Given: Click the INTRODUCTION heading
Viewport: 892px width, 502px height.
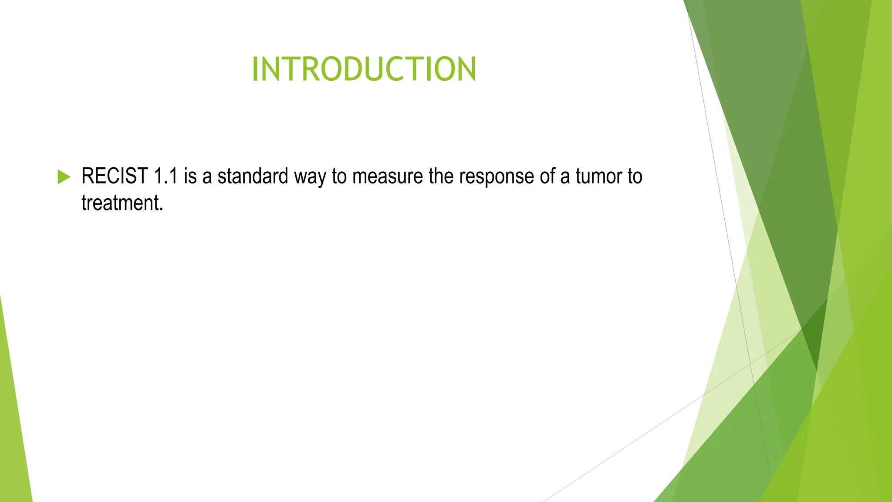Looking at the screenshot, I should point(364,69).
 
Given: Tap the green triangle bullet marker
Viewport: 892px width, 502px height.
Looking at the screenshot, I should point(64,177).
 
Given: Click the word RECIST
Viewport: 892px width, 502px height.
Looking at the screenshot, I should point(115,176).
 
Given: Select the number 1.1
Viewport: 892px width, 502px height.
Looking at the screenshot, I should point(166,176).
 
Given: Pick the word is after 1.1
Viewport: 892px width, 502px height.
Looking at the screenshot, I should point(190,176).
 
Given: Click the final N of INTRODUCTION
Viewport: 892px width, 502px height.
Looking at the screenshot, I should point(466,69).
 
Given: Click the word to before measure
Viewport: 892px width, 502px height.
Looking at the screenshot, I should point(339,176).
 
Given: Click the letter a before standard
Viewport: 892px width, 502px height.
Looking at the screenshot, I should point(207,178).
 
